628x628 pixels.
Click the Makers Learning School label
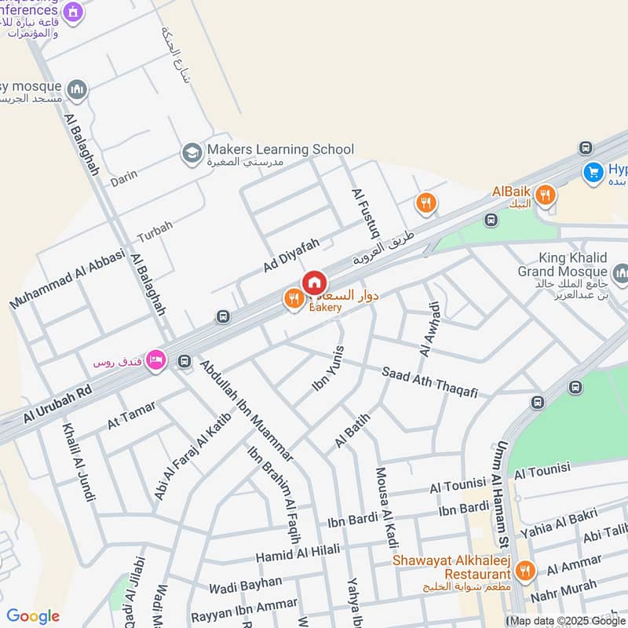(280, 149)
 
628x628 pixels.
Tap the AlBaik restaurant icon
(546, 195)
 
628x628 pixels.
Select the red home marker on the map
(314, 283)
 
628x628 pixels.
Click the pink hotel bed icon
(155, 359)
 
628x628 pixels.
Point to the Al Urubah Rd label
(57, 405)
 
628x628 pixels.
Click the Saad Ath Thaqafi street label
(429, 382)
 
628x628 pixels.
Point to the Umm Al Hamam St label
(500, 494)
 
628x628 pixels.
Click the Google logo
(33, 616)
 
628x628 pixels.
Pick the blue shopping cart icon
(593, 170)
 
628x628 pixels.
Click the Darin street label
(123, 180)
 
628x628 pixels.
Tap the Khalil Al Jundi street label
(79, 462)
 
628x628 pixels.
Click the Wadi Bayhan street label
(245, 583)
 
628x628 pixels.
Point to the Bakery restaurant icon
(294, 298)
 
